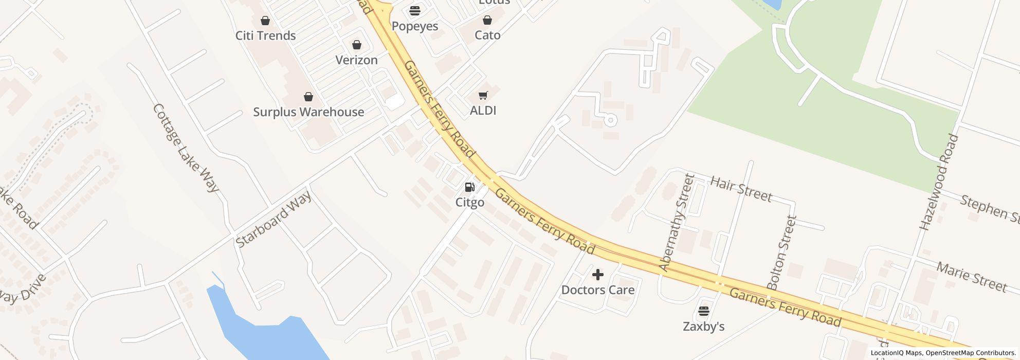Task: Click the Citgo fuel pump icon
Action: (469, 187)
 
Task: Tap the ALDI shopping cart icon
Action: (483, 95)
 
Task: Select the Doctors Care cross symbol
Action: (597, 275)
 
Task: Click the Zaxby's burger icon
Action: (703, 311)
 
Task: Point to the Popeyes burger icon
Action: (415, 11)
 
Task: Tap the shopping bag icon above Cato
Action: (487, 20)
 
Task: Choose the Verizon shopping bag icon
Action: (356, 45)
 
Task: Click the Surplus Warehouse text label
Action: (308, 112)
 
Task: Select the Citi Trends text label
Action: (265, 35)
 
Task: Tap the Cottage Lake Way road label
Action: (186, 148)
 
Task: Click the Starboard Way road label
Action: (274, 220)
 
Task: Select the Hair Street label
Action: (741, 188)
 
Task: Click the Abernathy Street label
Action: (677, 222)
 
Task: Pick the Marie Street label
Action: (971, 277)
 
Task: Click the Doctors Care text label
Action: (597, 290)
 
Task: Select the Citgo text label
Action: (469, 202)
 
